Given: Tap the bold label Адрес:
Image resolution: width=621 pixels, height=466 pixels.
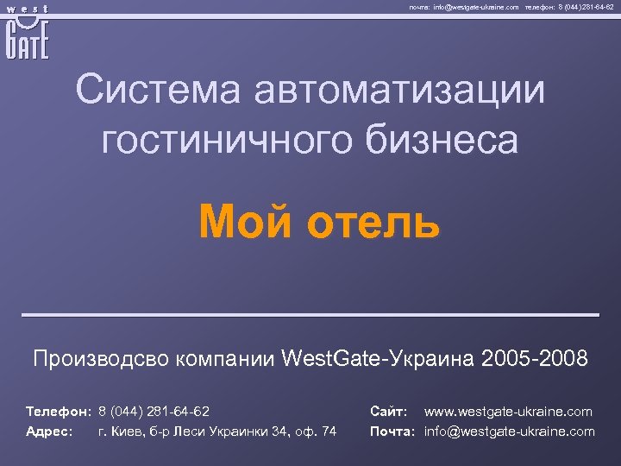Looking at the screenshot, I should (49, 431).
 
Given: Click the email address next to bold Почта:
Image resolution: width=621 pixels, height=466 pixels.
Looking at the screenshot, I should (510, 431).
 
